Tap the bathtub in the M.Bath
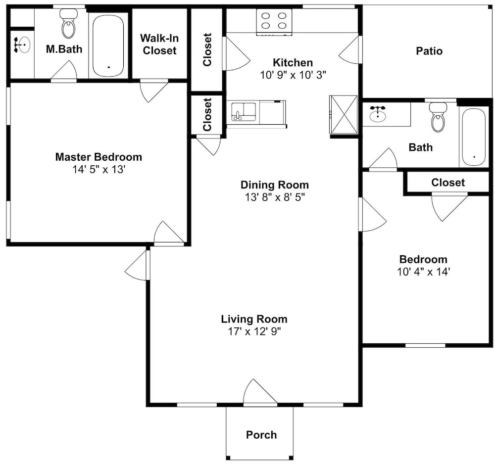[108, 45]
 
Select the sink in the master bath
[22, 45]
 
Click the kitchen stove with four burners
[274, 21]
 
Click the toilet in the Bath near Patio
[438, 117]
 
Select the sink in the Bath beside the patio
[378, 114]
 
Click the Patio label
[429, 51]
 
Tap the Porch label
[261, 435]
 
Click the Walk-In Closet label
[159, 44]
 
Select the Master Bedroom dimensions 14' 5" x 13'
[99, 170]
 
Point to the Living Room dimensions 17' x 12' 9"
[254, 331]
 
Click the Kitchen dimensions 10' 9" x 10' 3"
[293, 75]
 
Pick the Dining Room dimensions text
[275, 197]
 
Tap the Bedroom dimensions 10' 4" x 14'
[423, 272]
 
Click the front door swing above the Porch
[260, 391]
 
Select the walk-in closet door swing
[154, 92]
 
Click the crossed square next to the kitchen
[344, 114]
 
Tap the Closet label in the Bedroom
[448, 183]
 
